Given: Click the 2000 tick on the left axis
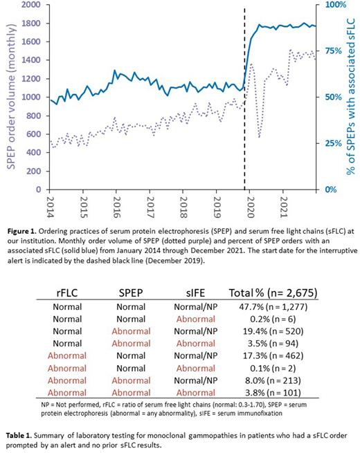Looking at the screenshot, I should coord(30,5).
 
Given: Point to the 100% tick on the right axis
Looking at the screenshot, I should coord(330,5).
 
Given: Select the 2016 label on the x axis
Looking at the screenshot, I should coord(116,205).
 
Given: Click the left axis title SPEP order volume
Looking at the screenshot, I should coord(10,97).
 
